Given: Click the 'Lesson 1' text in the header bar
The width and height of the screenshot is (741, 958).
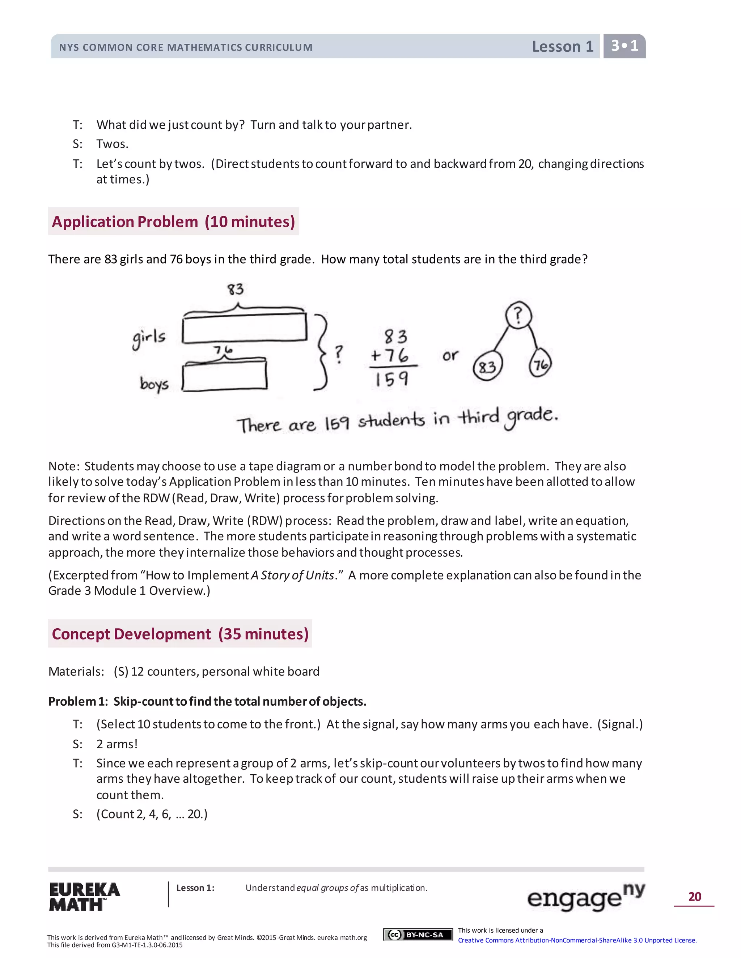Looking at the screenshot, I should (x=562, y=47).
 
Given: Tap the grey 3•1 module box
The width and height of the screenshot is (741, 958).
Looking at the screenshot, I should (x=624, y=46).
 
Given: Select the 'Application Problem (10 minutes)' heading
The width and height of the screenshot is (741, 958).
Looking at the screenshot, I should (x=173, y=222).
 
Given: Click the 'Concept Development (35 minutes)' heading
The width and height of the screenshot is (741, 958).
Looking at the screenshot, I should (x=180, y=634).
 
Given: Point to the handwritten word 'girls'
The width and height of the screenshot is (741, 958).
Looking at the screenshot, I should (x=149, y=338).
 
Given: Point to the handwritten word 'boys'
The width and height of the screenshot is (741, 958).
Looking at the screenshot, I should (x=154, y=384).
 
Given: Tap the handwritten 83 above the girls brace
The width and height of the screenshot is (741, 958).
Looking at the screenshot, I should (x=235, y=289).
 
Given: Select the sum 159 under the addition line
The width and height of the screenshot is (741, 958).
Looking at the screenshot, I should (x=391, y=379).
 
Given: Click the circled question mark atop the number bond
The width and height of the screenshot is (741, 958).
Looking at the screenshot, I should (x=518, y=315).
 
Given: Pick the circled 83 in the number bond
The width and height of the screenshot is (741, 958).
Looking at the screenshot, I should (x=487, y=366).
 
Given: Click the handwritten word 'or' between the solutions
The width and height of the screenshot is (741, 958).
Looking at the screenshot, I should (x=450, y=355).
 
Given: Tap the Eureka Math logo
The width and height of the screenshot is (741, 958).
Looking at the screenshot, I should (x=84, y=897).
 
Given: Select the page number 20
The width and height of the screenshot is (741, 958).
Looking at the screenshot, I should (x=694, y=897).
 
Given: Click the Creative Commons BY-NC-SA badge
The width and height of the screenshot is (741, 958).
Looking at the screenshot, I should (x=418, y=935).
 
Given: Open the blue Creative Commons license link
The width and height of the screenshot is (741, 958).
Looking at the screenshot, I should (x=577, y=940).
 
